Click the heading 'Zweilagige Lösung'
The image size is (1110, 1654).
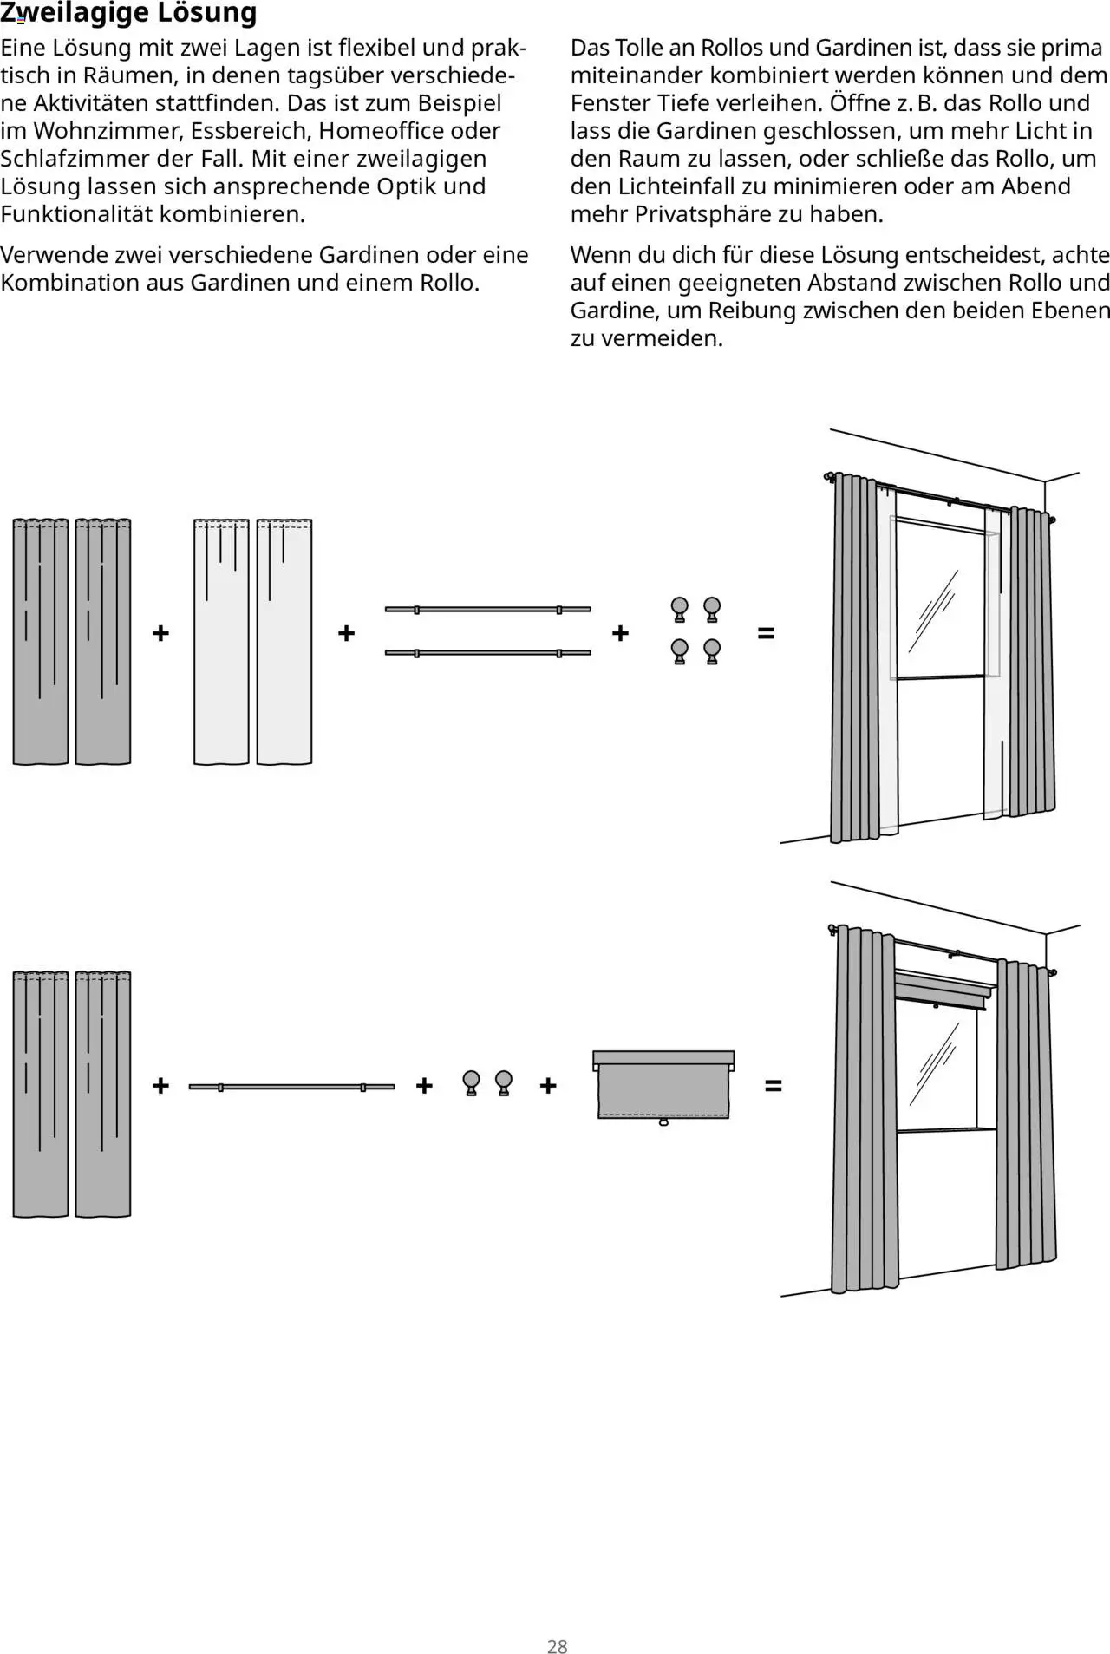pos(128,13)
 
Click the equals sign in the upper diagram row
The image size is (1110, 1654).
pos(766,633)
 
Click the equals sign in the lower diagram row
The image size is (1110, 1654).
pos(773,1085)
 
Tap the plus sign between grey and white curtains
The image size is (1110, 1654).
pos(160,633)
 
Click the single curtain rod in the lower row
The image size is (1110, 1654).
pos(291,1087)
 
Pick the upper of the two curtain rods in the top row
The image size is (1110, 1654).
pos(487,610)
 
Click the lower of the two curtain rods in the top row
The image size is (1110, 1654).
pos(487,652)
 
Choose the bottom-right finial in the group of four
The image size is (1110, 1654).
pos(712,651)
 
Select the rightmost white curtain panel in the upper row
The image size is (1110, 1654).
pos(284,642)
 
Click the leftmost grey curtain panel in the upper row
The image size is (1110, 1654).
pos(41,642)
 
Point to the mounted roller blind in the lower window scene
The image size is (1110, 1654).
pos(943,988)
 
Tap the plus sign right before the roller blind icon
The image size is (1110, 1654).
pos(547,1085)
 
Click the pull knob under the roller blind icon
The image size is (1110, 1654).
pos(663,1122)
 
